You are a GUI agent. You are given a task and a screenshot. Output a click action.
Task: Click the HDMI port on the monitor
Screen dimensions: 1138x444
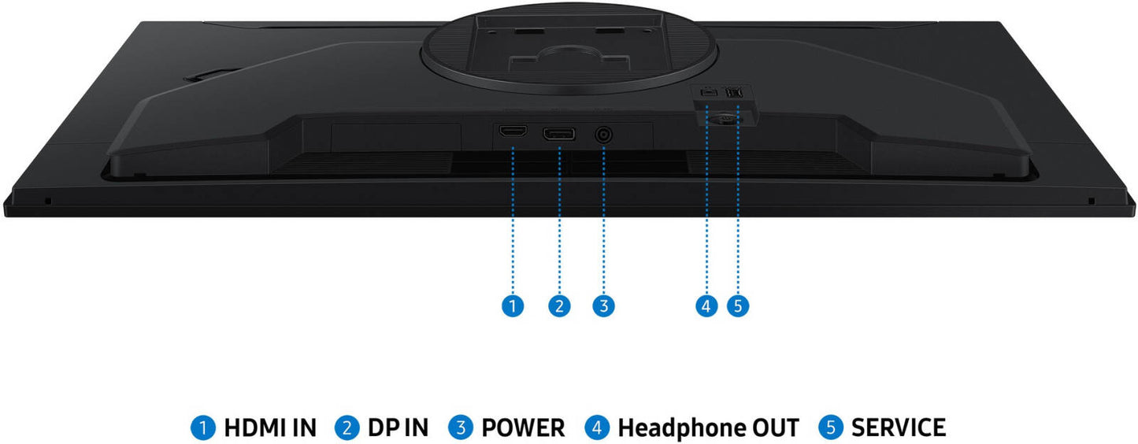[x=513, y=131]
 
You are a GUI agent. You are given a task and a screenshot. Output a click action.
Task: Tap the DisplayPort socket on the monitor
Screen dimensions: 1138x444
[x=559, y=134]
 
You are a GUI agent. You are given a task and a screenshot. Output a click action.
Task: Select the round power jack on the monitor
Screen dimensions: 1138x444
[x=603, y=135]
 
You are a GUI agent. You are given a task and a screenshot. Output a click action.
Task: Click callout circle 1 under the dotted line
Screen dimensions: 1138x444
[x=513, y=305]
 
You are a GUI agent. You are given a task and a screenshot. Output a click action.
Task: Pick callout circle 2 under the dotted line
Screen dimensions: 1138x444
[x=559, y=305]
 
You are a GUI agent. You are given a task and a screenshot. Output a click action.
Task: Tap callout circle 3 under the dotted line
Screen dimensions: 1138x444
[x=603, y=305]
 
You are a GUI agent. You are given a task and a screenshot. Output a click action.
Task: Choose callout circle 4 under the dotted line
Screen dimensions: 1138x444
[x=706, y=305]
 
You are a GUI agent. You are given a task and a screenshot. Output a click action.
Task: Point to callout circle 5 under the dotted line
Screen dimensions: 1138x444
[x=738, y=305]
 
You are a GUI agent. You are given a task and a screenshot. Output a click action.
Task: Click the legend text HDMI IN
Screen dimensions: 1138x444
[x=270, y=427]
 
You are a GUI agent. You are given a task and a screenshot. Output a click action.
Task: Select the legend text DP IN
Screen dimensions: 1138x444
[x=398, y=427]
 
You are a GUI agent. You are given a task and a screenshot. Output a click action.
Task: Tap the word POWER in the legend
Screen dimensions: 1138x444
[x=523, y=427]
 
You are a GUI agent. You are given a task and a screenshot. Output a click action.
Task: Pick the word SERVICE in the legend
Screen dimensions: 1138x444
[x=899, y=427]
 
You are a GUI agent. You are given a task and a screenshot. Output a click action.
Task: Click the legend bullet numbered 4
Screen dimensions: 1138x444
[x=597, y=427]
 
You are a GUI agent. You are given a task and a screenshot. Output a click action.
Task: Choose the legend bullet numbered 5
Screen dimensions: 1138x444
[x=831, y=427]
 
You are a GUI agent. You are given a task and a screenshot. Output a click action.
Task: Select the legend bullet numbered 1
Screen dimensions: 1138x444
[x=203, y=427]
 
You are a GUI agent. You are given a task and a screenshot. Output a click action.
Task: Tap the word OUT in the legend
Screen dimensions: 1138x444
[x=773, y=427]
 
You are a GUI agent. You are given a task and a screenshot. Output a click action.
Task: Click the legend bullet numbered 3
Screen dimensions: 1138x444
[x=461, y=427]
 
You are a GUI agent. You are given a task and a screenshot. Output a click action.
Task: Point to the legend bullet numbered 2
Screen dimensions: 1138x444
[x=347, y=427]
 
